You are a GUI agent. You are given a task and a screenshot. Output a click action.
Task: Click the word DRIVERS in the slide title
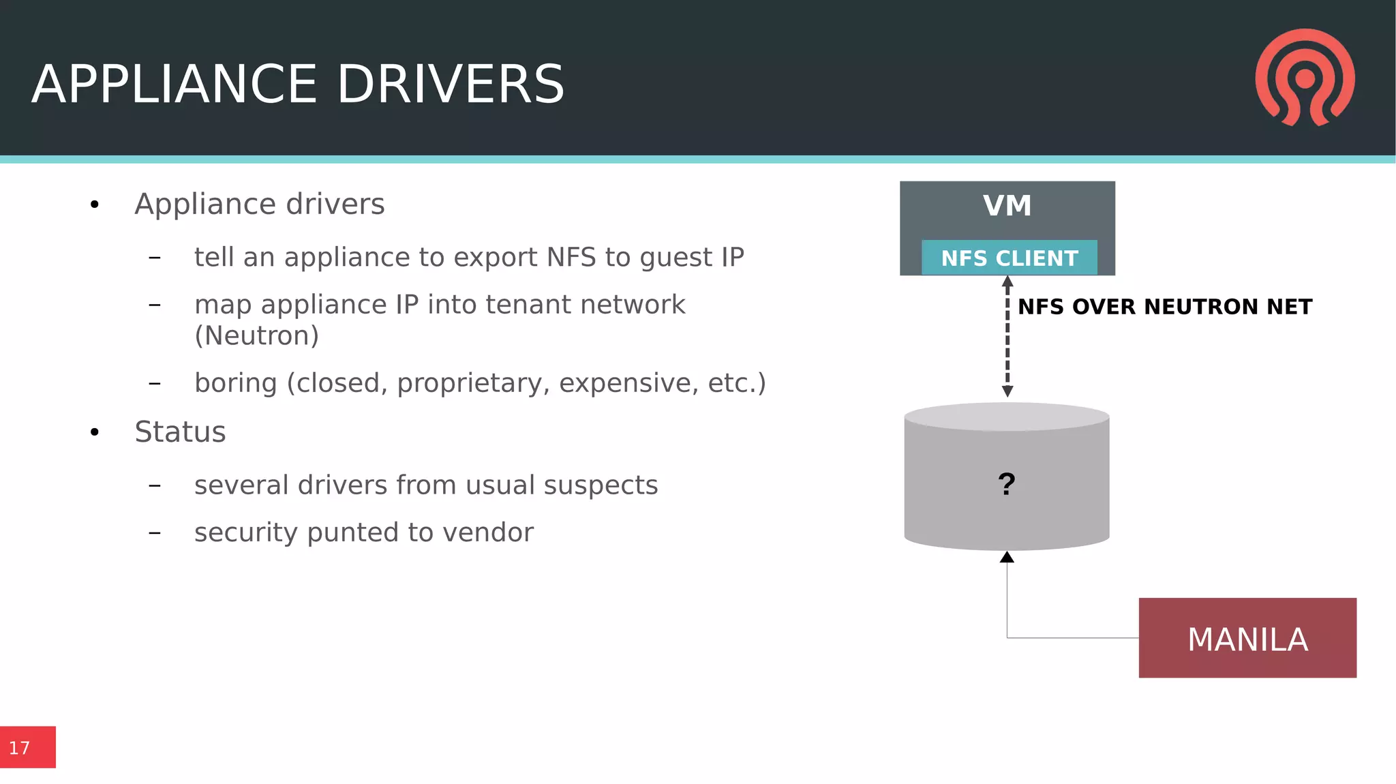click(451, 85)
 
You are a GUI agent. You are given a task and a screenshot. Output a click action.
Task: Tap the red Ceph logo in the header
click(1305, 77)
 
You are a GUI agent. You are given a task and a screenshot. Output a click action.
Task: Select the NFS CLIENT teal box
click(1009, 258)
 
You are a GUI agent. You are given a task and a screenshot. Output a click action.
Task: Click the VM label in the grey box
click(1007, 206)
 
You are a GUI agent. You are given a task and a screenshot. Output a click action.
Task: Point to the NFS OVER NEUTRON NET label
click(1164, 307)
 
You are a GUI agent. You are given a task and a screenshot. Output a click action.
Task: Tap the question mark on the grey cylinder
click(1006, 484)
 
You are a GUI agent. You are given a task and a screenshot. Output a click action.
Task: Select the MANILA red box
click(1247, 638)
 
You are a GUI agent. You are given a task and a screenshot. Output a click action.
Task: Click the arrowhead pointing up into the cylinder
click(1007, 558)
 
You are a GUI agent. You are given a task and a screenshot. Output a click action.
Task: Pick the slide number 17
click(20, 748)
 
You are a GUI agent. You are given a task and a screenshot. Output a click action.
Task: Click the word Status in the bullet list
click(180, 432)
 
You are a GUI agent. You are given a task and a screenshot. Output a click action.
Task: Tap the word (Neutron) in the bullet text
click(256, 335)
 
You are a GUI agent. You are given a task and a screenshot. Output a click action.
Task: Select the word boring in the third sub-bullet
click(235, 383)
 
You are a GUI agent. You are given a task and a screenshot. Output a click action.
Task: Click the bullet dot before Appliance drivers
click(95, 205)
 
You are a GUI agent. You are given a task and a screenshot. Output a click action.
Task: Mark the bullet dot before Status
click(95, 432)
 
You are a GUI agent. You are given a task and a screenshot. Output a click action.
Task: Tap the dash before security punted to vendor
click(155, 532)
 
